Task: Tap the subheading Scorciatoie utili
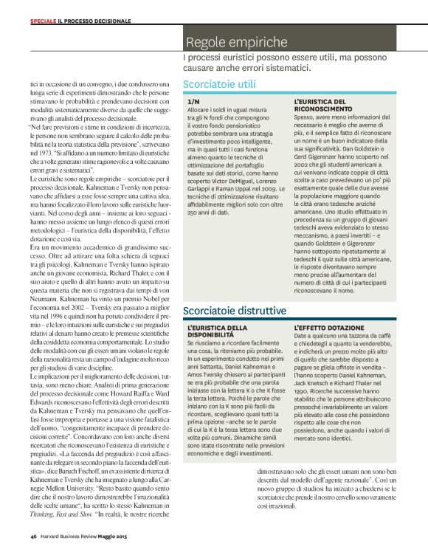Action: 219,84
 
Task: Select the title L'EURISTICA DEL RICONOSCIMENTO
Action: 320,105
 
